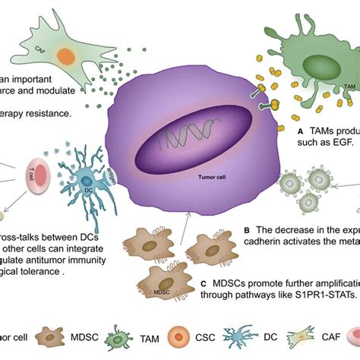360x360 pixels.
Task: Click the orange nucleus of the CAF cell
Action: coord(67,55)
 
